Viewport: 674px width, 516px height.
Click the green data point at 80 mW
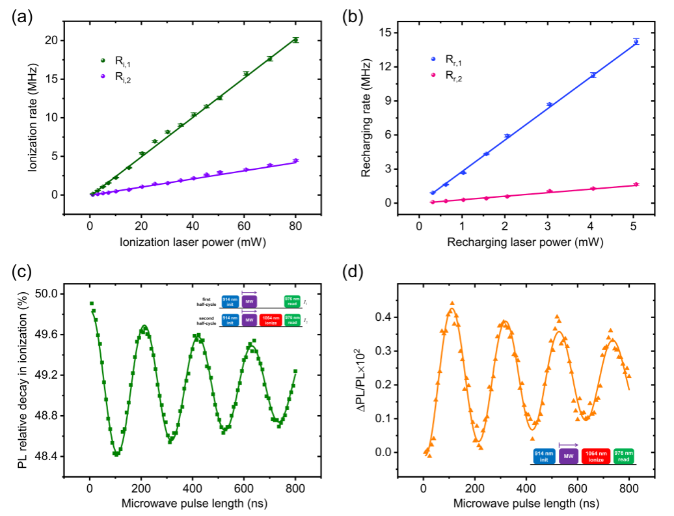click(x=295, y=40)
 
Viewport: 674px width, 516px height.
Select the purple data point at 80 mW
click(x=295, y=160)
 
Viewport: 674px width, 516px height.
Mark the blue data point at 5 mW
click(x=636, y=42)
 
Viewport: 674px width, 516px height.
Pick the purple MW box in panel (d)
click(x=569, y=456)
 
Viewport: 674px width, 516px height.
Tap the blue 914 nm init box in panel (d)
click(x=543, y=456)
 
